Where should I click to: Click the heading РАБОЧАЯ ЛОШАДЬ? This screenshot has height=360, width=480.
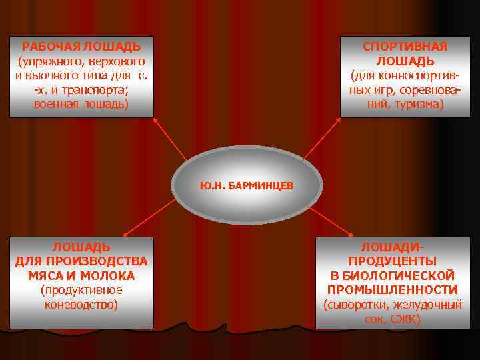point(81,47)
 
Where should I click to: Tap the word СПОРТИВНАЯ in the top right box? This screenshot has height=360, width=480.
point(405,47)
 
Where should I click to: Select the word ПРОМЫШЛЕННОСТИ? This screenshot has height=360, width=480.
point(393,290)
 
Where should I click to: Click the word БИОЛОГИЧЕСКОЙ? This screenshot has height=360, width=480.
point(393,275)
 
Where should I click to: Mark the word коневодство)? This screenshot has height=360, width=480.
point(81,305)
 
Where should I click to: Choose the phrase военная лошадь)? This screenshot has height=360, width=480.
point(81,105)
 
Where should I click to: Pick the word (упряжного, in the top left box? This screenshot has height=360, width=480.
point(53,61)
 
